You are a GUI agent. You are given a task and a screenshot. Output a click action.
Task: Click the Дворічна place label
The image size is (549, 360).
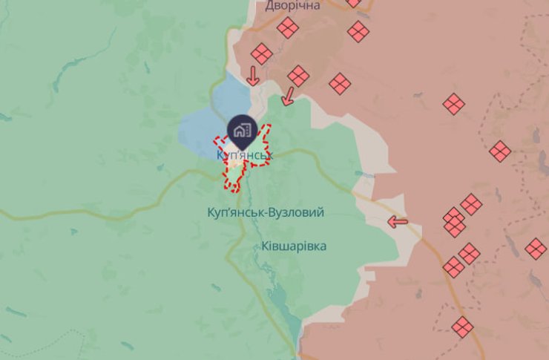coord(293,6)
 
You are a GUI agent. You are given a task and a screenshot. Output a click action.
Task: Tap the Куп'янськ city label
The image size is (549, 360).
coord(245,155)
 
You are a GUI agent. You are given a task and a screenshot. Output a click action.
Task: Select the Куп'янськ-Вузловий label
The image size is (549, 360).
coord(266,212)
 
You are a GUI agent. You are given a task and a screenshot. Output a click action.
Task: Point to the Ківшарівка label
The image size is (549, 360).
coord(294,246)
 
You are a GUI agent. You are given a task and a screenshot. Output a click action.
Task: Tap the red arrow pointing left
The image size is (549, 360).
coord(398,221)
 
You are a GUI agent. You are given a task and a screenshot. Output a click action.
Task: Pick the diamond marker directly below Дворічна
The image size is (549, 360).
coord(288,28)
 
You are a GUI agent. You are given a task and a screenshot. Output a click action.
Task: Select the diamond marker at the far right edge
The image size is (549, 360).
coord(536,248)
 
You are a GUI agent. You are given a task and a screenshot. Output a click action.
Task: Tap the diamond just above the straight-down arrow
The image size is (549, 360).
coord(261,53)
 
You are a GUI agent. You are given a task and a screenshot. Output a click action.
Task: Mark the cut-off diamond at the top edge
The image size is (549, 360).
coord(353,2)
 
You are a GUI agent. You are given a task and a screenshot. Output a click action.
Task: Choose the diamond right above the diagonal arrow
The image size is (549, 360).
coord(298,75)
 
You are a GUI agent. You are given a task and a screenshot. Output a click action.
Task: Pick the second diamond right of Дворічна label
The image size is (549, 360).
coord(358,31)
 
